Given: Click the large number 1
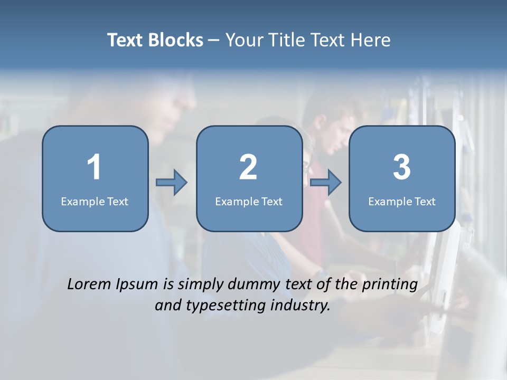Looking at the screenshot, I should click(x=95, y=167).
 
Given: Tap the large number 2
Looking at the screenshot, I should click(x=248, y=167).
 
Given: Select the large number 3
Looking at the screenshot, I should click(x=402, y=167).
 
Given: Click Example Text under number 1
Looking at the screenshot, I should click(x=95, y=202).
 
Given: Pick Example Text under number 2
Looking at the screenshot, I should click(x=249, y=202).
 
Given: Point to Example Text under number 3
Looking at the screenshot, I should click(x=402, y=202).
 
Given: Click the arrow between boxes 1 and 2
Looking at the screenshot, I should click(x=172, y=183).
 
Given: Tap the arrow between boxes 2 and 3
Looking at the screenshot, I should click(x=326, y=183).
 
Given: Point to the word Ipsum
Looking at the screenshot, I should click(x=137, y=285).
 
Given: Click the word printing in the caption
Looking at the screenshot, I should click(x=390, y=285).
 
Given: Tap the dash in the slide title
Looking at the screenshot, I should click(x=214, y=40).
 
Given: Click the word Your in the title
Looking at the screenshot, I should click(x=242, y=40).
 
